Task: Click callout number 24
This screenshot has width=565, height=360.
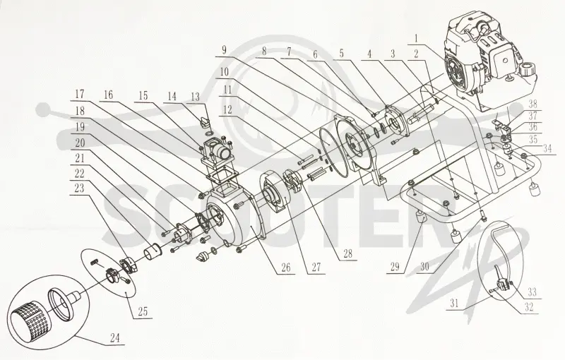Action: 115,337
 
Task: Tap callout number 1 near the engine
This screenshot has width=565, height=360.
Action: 417,38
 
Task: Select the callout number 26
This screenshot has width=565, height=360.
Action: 286,267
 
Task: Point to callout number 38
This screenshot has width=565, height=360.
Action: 533,104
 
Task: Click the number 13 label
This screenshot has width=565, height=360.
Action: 195,97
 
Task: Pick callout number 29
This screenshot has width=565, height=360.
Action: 395,266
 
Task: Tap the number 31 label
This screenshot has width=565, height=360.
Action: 454,303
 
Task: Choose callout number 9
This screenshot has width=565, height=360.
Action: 224,49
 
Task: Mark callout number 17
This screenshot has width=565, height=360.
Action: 80,95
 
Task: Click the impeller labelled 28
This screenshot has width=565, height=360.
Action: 293,179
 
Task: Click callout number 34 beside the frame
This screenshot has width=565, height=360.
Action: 547,148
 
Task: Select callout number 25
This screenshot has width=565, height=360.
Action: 143,311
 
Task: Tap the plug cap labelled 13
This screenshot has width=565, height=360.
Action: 205,119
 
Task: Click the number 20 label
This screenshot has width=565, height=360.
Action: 80,143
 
